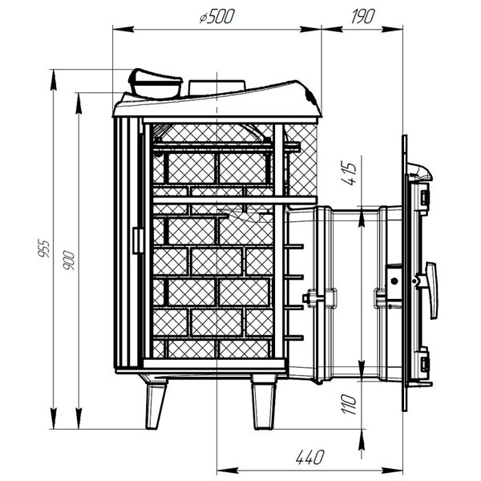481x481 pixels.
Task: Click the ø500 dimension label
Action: pyautogui.click(x=217, y=16)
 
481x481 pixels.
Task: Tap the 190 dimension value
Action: pyautogui.click(x=363, y=16)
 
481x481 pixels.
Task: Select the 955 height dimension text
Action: pyautogui.click(x=44, y=248)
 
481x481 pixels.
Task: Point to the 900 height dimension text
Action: pyautogui.click(x=69, y=260)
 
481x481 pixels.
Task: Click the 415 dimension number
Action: pyautogui.click(x=350, y=173)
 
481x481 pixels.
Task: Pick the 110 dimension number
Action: pyautogui.click(x=350, y=404)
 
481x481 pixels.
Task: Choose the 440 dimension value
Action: pyautogui.click(x=310, y=457)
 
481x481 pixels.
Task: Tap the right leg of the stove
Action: pyautogui.click(x=264, y=402)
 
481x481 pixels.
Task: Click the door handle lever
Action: pyautogui.click(x=432, y=289)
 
